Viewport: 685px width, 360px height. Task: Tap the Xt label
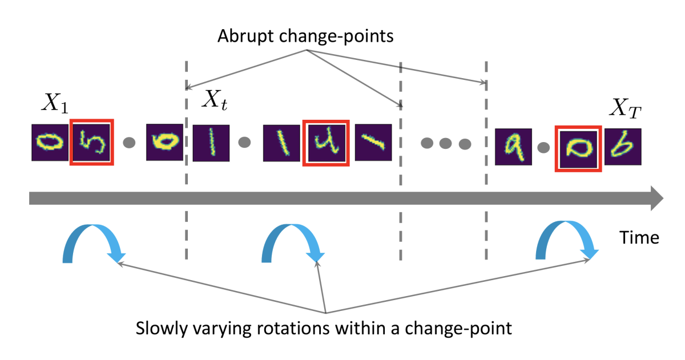pyautogui.click(x=216, y=101)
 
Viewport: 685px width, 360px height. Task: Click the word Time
pyautogui.click(x=639, y=237)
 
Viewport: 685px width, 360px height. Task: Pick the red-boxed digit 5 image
pyautogui.click(x=91, y=142)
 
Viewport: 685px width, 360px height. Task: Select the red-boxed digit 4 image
pyautogui.click(x=325, y=143)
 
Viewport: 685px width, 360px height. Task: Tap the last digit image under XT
pyautogui.click(x=623, y=147)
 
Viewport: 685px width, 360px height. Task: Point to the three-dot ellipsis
pyautogui.click(x=445, y=144)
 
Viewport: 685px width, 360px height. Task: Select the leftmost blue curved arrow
pyautogui.click(x=91, y=242)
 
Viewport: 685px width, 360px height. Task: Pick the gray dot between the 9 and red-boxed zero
pyautogui.click(x=543, y=147)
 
